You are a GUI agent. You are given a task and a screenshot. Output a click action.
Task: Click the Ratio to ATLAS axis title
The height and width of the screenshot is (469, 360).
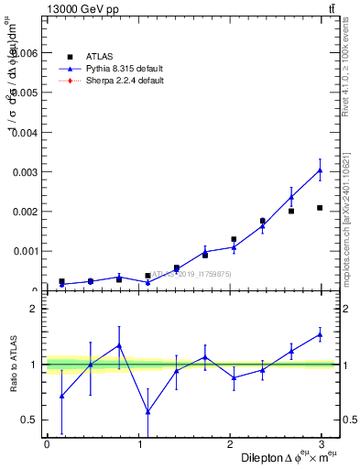(x=12, y=365)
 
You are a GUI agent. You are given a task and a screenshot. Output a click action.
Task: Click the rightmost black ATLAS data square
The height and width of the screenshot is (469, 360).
(x=320, y=208)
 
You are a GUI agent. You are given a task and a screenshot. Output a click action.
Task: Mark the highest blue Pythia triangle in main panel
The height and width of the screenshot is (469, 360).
(x=320, y=170)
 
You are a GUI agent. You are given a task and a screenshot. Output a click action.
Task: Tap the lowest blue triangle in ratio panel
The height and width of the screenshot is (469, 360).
(x=147, y=411)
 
